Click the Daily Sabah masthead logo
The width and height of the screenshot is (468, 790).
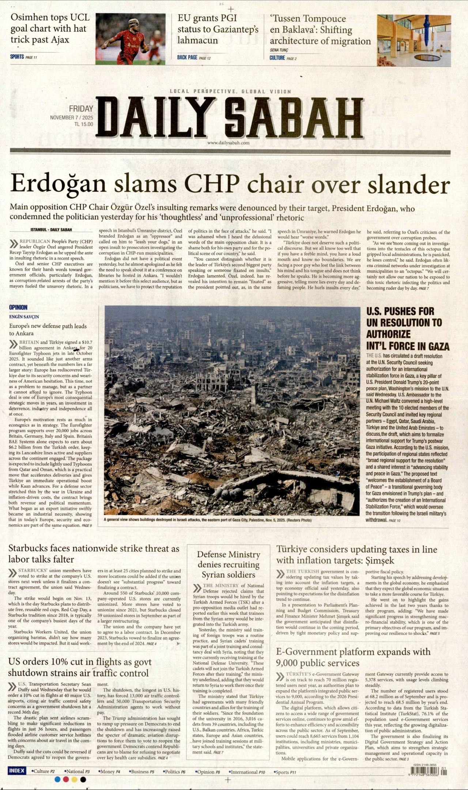(x=230, y=118)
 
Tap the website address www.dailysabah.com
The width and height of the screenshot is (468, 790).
(x=228, y=143)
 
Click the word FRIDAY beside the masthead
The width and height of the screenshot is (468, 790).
(x=81, y=109)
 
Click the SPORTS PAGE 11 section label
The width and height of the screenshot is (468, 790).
(x=23, y=57)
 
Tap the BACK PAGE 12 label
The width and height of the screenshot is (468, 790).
(x=194, y=57)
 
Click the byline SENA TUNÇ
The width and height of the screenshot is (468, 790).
(x=279, y=50)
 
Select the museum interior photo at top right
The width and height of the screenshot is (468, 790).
(x=414, y=40)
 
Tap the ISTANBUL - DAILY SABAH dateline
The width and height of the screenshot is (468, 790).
(x=51, y=230)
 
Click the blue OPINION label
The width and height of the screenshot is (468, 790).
(x=18, y=307)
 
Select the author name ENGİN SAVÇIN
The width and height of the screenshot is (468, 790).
(x=24, y=317)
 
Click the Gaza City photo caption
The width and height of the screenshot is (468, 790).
(x=207, y=520)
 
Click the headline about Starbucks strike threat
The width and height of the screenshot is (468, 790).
(x=94, y=554)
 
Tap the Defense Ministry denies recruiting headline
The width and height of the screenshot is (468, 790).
(x=229, y=564)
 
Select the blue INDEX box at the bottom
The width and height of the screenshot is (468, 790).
(x=17, y=771)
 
